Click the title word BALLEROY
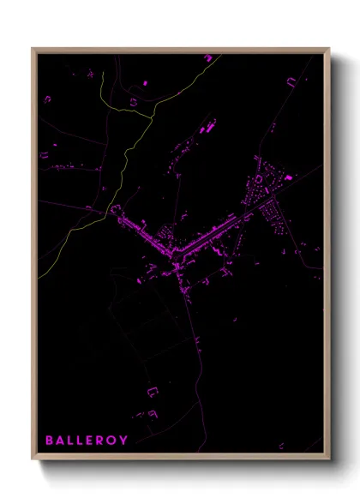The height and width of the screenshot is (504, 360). (87, 441)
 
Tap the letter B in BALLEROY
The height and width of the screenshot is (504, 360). (50, 441)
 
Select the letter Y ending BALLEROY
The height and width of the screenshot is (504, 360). (124, 441)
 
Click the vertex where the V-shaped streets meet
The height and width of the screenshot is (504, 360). (177, 255)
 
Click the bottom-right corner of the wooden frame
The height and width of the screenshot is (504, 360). (329, 459)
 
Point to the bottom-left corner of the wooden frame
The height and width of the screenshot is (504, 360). (33, 459)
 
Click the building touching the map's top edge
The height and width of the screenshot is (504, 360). (208, 57)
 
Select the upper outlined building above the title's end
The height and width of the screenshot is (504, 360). (153, 392)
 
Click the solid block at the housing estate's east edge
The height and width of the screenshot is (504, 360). (288, 177)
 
